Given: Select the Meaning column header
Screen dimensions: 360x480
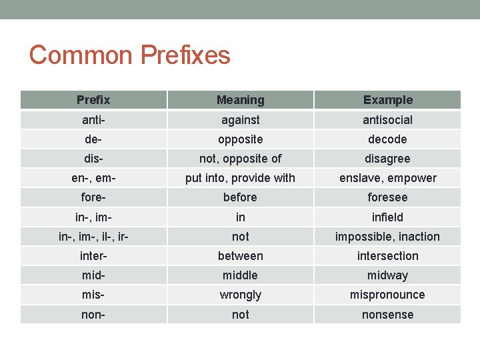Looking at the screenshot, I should point(240,100).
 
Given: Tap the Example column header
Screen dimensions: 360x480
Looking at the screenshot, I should point(387,100).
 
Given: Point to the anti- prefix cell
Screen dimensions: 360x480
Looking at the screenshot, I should point(93,120).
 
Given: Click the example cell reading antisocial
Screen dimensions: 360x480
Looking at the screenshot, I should point(387,120).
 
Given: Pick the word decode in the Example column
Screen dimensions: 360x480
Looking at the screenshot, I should point(387,139).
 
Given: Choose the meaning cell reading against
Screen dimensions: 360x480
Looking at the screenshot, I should point(240,120).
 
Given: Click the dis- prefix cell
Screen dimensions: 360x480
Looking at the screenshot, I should point(93,159).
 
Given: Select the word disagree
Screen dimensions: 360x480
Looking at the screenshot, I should point(387,159).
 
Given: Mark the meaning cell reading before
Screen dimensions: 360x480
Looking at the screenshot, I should point(240,197).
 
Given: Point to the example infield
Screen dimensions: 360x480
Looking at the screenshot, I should point(387,217).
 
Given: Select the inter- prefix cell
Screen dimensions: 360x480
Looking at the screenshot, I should point(93,256).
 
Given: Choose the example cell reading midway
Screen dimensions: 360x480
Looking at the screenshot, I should point(387,275).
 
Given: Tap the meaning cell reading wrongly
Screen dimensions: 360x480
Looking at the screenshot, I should point(240,295).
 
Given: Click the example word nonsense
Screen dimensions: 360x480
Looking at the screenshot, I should point(387,315).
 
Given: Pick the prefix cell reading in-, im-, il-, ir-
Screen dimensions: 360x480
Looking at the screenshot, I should point(93,237).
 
